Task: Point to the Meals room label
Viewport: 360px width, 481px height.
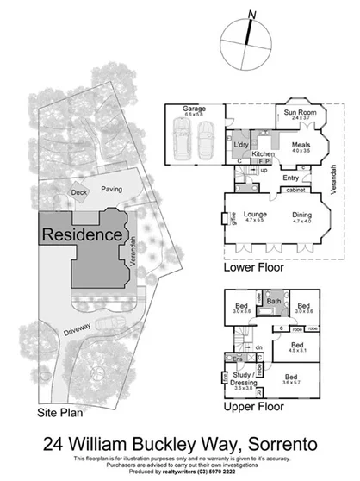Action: pyautogui.click(x=300, y=146)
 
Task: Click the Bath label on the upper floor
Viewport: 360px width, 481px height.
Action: pyautogui.click(x=274, y=301)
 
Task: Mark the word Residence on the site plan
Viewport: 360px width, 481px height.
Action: pyautogui.click(x=82, y=233)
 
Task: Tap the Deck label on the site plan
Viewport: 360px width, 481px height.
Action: pyautogui.click(x=79, y=192)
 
